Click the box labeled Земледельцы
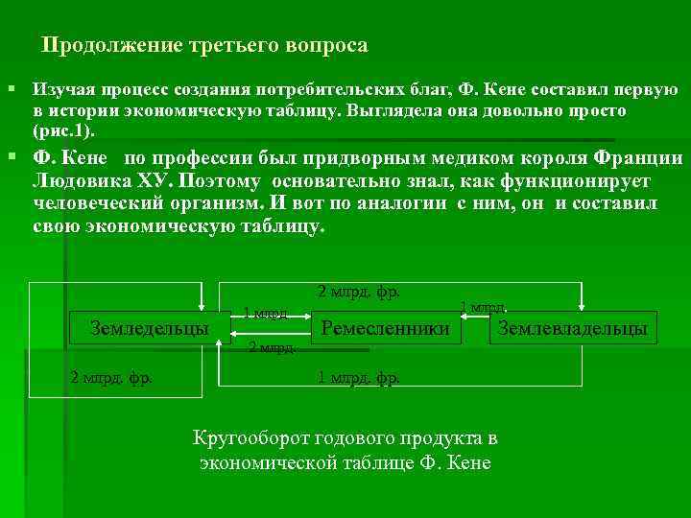(150, 328)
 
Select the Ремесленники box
(386, 328)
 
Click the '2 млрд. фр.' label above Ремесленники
(358, 292)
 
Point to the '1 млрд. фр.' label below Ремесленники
(358, 378)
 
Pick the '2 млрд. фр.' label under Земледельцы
(111, 377)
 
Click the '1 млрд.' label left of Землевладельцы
(483, 307)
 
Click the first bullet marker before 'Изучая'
(12, 89)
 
